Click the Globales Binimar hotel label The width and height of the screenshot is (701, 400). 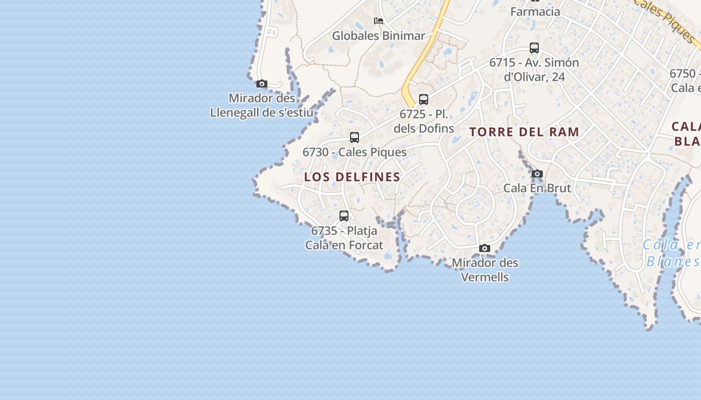click(x=379, y=35)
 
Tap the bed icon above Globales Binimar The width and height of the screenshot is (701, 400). click(x=379, y=21)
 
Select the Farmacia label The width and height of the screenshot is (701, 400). click(x=535, y=11)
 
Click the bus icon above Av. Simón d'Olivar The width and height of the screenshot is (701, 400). click(x=534, y=48)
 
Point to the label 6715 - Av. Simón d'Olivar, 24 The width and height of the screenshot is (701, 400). click(x=534, y=69)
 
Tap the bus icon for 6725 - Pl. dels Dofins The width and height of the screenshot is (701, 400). click(x=424, y=99)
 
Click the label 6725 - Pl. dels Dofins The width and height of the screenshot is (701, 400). click(x=424, y=121)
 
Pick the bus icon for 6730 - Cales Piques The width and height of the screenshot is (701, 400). click(x=355, y=137)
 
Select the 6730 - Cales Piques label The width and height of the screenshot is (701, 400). click(x=355, y=152)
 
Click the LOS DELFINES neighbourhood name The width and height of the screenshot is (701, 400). click(x=353, y=177)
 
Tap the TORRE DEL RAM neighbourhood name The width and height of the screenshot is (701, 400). click(x=524, y=132)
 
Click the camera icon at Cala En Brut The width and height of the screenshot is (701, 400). click(x=537, y=174)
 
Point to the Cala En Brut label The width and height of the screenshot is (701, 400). click(x=537, y=188)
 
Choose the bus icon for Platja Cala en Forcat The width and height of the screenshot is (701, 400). click(x=344, y=216)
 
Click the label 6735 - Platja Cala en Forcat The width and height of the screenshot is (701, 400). click(x=344, y=238)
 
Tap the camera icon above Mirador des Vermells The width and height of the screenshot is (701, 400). click(x=485, y=248)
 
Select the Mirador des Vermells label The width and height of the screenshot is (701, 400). click(x=485, y=269)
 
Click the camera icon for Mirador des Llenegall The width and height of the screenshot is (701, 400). click(x=262, y=83)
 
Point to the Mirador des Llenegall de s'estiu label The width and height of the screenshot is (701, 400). click(x=262, y=105)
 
